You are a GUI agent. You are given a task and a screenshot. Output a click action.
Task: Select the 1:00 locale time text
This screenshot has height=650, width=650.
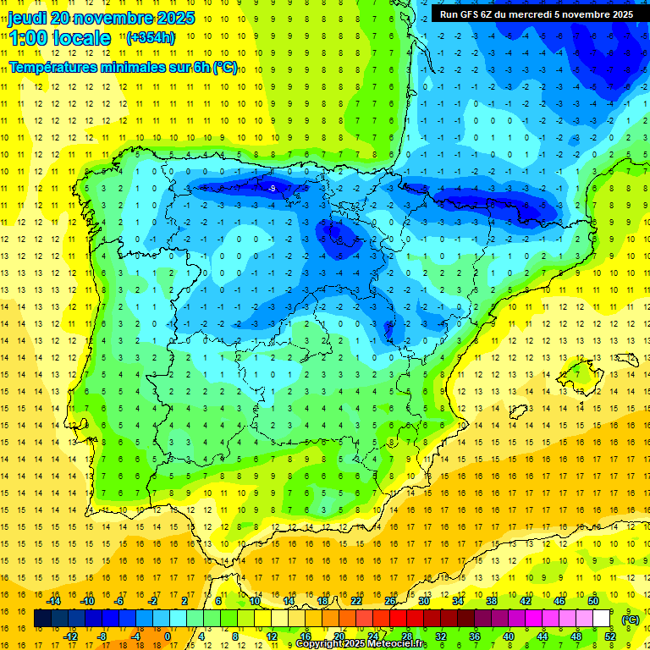pyautogui.click(x=59, y=38)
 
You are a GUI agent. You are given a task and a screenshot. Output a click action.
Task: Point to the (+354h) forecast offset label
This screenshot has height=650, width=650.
pyautogui.click(x=151, y=38)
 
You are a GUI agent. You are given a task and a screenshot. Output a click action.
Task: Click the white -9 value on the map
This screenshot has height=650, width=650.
pyautogui.click(x=272, y=188)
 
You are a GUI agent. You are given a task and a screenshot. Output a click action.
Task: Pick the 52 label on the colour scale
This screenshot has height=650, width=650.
pyautogui.click(x=609, y=636)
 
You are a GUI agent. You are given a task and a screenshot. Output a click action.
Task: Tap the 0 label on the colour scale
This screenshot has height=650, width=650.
pyautogui.click(x=168, y=636)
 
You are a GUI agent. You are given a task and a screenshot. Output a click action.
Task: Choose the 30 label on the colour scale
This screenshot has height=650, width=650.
pyautogui.click(x=423, y=601)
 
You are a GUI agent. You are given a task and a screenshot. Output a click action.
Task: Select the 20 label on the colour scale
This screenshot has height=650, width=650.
pyautogui.click(x=339, y=636)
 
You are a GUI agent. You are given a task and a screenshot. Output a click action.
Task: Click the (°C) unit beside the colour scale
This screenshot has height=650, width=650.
pyautogui.click(x=630, y=620)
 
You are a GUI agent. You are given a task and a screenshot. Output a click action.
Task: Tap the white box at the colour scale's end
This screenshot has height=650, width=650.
pyautogui.click(x=601, y=619)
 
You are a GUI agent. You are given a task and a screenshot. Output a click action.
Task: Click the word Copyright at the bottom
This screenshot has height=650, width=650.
pyautogui.click(x=318, y=644)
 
